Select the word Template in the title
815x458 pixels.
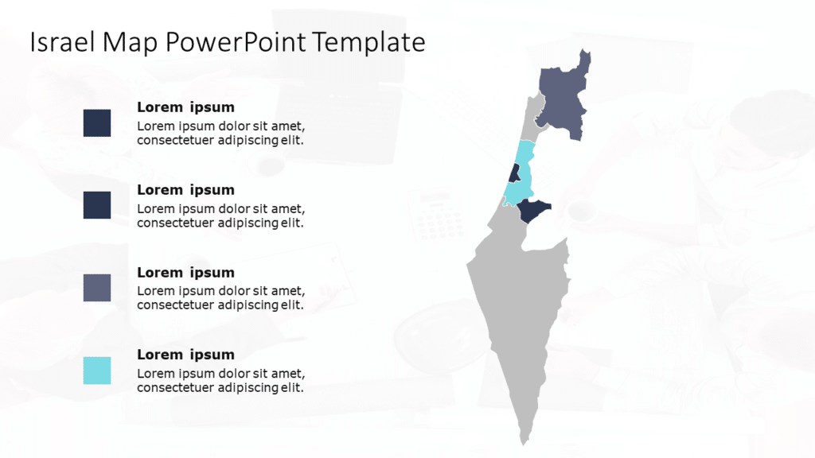[369, 42]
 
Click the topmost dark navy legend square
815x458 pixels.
[97, 122]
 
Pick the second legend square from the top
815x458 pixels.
[97, 205]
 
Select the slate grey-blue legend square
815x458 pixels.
[97, 288]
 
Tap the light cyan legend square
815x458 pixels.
[97, 371]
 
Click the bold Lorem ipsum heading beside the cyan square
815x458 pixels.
[185, 355]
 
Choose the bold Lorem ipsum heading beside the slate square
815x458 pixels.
[185, 272]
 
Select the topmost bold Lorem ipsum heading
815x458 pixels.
[185, 107]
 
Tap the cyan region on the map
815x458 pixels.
[519, 191]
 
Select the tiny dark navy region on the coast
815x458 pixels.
[514, 173]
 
